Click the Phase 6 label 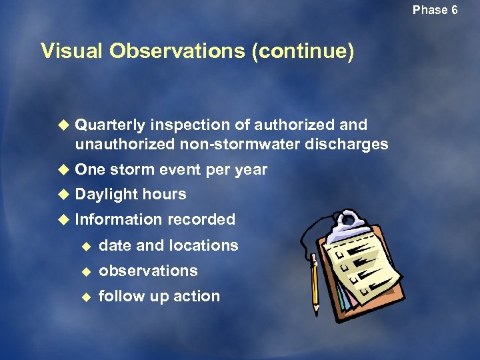point(435,10)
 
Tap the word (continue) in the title point(303,51)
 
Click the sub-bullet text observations point(148,271)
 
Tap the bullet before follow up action point(85,296)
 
